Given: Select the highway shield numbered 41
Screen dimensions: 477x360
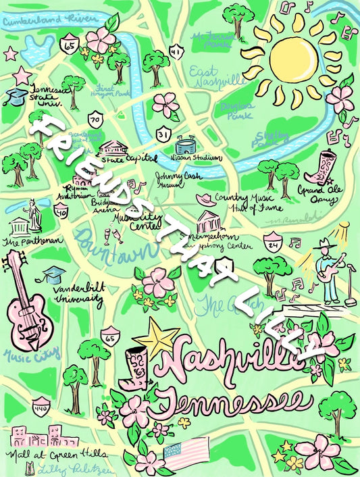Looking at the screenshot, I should point(176,50).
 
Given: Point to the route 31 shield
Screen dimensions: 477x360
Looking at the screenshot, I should point(163,134).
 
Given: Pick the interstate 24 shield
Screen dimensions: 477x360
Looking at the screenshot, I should point(272,240).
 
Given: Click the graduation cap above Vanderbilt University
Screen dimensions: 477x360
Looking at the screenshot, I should point(54,274).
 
